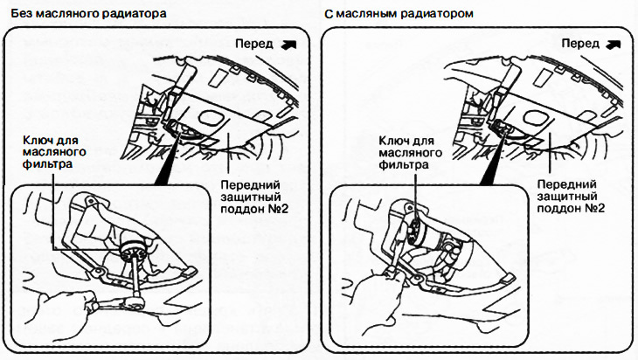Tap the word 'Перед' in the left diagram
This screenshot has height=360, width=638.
pos(256,43)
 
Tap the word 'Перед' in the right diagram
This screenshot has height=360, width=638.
pos(580,43)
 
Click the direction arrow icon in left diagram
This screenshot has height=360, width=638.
pos(290,42)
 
